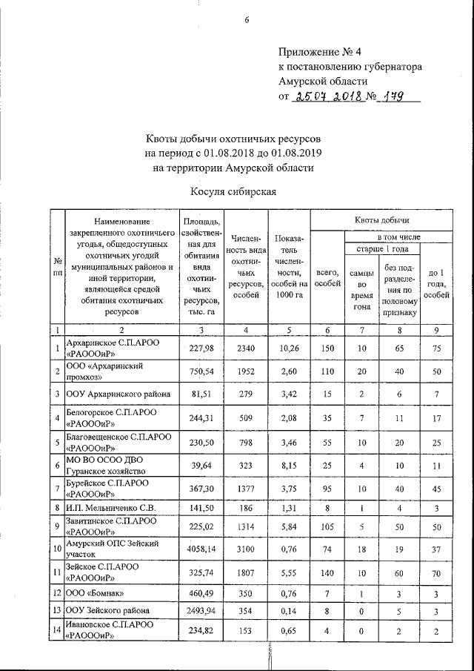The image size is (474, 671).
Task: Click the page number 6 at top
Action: [x=247, y=20]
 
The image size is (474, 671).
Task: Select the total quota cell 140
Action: [x=327, y=572]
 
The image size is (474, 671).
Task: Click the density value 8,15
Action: [x=287, y=466]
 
